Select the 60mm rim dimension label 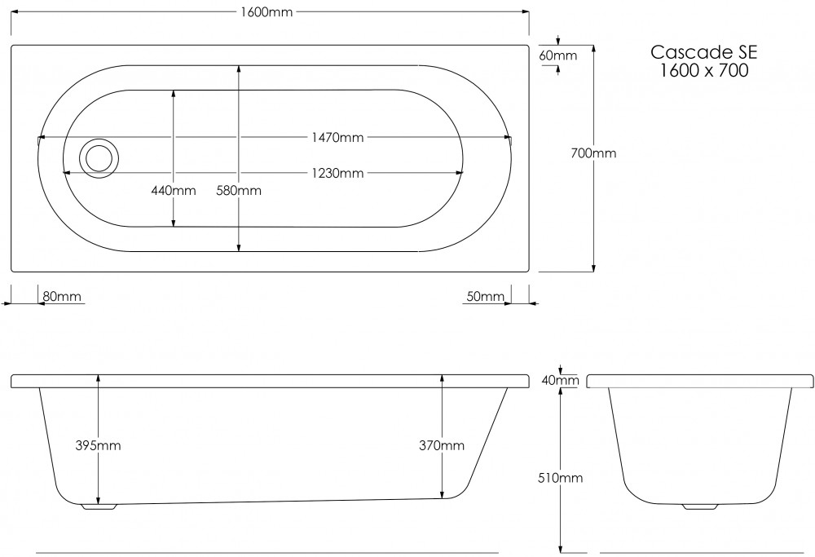[x=558, y=55]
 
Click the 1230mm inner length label [x=337, y=173]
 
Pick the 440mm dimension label [x=174, y=191]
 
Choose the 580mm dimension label [x=239, y=191]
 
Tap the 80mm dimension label [x=62, y=296]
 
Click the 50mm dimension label [x=485, y=296]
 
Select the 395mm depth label [x=99, y=445]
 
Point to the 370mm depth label [x=442, y=445]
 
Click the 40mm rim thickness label [x=562, y=380]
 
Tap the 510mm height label [x=562, y=478]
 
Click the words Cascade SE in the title [x=704, y=53]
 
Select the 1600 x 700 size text [x=704, y=71]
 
